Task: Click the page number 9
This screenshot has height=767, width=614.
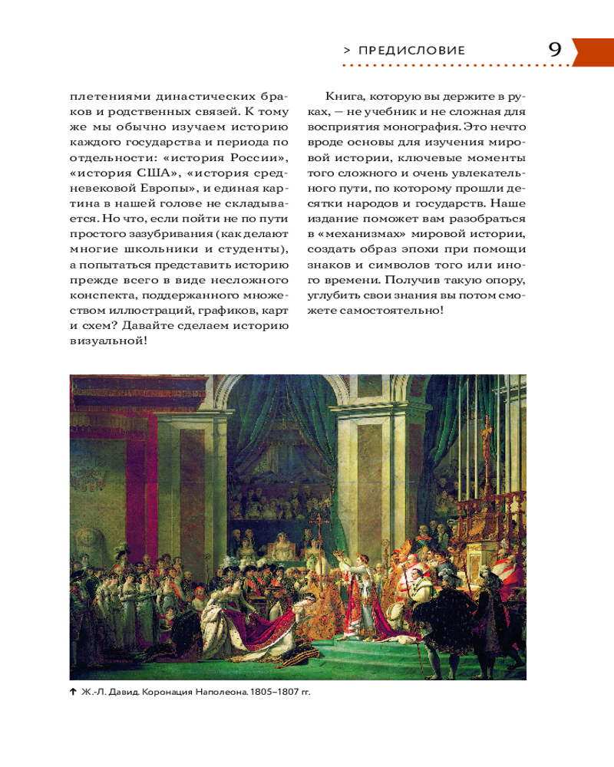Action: [554, 50]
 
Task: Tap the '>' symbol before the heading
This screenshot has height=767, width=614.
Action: [347, 51]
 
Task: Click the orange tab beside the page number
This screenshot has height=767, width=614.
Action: [592, 51]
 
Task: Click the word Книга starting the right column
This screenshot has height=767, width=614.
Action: [342, 98]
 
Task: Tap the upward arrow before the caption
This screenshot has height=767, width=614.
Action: [73, 692]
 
